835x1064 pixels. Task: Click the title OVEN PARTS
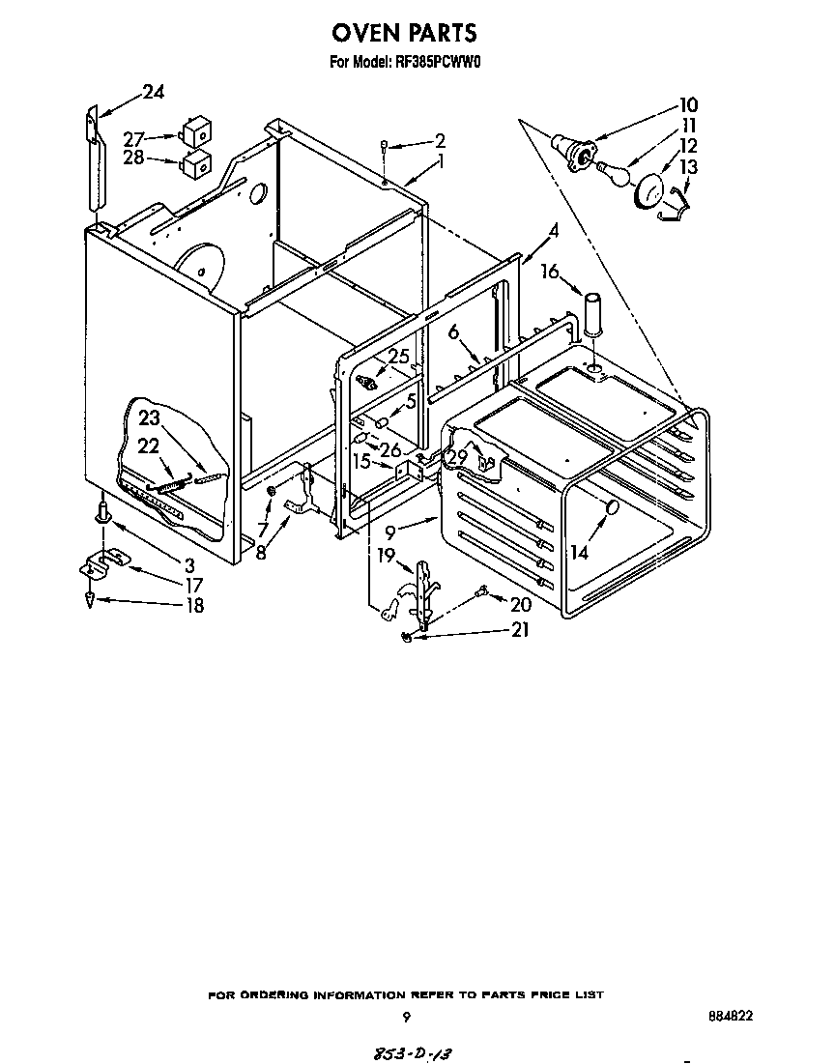click(404, 33)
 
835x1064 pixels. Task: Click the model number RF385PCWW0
click(438, 65)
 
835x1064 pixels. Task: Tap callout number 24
click(153, 93)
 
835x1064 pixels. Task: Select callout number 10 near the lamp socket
click(687, 104)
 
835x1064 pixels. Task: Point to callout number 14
click(578, 554)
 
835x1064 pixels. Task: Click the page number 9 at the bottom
click(406, 1017)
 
